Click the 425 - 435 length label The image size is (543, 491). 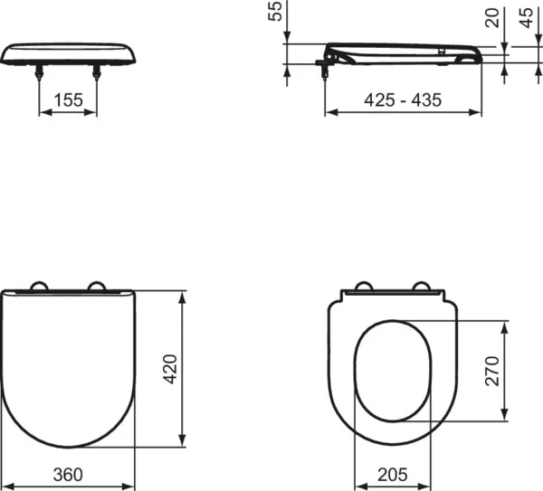404,100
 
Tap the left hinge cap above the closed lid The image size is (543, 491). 41,287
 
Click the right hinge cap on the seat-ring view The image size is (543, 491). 420,288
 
